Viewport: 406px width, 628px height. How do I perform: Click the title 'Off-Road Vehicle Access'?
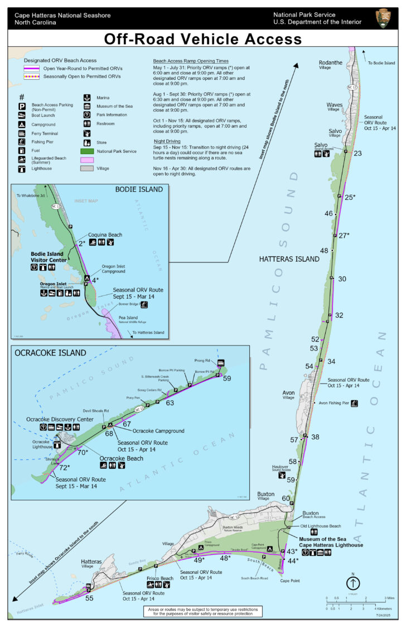click(202, 39)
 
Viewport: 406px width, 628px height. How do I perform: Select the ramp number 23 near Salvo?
click(357, 154)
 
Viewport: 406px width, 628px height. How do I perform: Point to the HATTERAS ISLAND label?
click(289, 259)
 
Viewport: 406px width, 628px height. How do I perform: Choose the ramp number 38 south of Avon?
click(315, 437)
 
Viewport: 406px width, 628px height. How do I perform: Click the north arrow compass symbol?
click(353, 582)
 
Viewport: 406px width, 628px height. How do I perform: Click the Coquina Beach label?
click(104, 234)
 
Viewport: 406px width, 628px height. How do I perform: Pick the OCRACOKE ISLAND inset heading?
click(51, 353)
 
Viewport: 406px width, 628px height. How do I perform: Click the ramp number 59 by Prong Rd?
click(227, 378)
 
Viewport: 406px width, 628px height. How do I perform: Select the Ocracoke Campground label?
click(158, 431)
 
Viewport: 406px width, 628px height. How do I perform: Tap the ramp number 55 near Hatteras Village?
click(89, 598)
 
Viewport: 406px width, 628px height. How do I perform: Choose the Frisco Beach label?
click(159, 578)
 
